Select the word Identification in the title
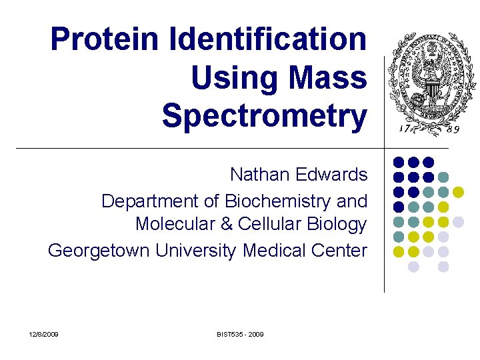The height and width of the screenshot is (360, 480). click(268, 39)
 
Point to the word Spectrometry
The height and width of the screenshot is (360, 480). click(264, 117)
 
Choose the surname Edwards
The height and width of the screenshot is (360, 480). click(333, 175)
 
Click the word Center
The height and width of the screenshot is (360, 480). click(343, 250)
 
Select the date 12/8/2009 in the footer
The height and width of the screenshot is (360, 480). click(43, 333)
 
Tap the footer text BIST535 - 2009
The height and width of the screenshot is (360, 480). click(240, 333)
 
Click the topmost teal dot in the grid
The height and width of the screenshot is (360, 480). click(443, 177)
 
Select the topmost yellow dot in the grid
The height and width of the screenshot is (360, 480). click(458, 192)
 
